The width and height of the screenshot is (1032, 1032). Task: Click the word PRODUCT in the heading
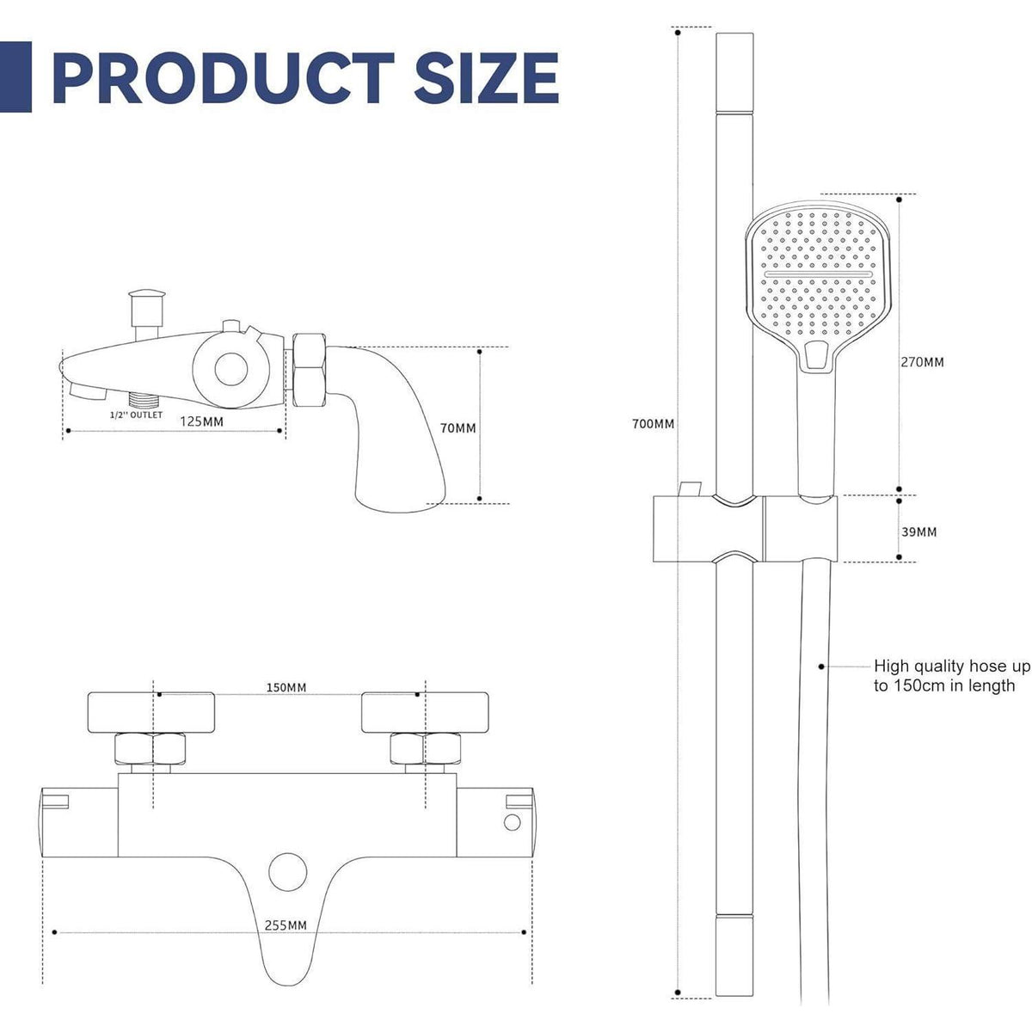224,77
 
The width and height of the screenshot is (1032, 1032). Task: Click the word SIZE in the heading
487,77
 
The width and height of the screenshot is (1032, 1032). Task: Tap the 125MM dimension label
201,421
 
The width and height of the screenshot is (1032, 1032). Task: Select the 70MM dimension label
458,428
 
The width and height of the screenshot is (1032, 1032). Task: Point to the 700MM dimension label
654,424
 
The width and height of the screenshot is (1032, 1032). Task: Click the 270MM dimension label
922,362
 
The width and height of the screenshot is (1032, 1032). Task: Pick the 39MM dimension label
919,531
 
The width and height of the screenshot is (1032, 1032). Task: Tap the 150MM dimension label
286,687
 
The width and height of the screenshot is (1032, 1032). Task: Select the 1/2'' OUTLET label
136,415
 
